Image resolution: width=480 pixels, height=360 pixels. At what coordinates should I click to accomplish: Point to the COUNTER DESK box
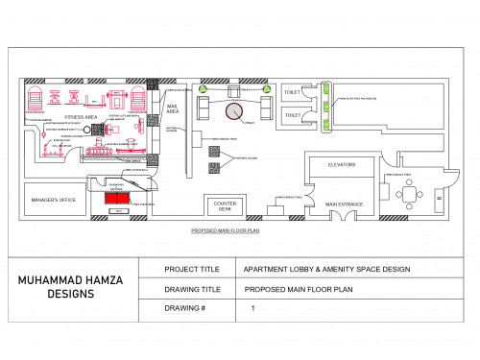coord(225,206)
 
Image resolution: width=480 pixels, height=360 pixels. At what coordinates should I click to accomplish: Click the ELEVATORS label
coord(341,165)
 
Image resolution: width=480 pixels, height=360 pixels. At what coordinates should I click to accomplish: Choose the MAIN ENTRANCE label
coord(343,204)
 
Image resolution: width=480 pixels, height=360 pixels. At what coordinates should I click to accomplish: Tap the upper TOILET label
coord(292,93)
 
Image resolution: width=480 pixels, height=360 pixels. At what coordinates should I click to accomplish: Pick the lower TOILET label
coord(292,115)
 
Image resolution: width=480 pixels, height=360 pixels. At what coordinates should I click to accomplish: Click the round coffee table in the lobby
coord(235,110)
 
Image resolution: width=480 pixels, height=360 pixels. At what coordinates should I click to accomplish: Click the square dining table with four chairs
coord(410,193)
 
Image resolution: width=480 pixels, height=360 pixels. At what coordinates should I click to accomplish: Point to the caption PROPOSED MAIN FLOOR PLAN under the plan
coord(226,231)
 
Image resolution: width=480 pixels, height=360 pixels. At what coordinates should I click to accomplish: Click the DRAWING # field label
coord(186,309)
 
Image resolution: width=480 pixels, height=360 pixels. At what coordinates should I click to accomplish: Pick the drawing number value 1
coord(252,309)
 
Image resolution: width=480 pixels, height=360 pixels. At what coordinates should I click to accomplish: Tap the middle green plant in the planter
coord(326,104)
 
